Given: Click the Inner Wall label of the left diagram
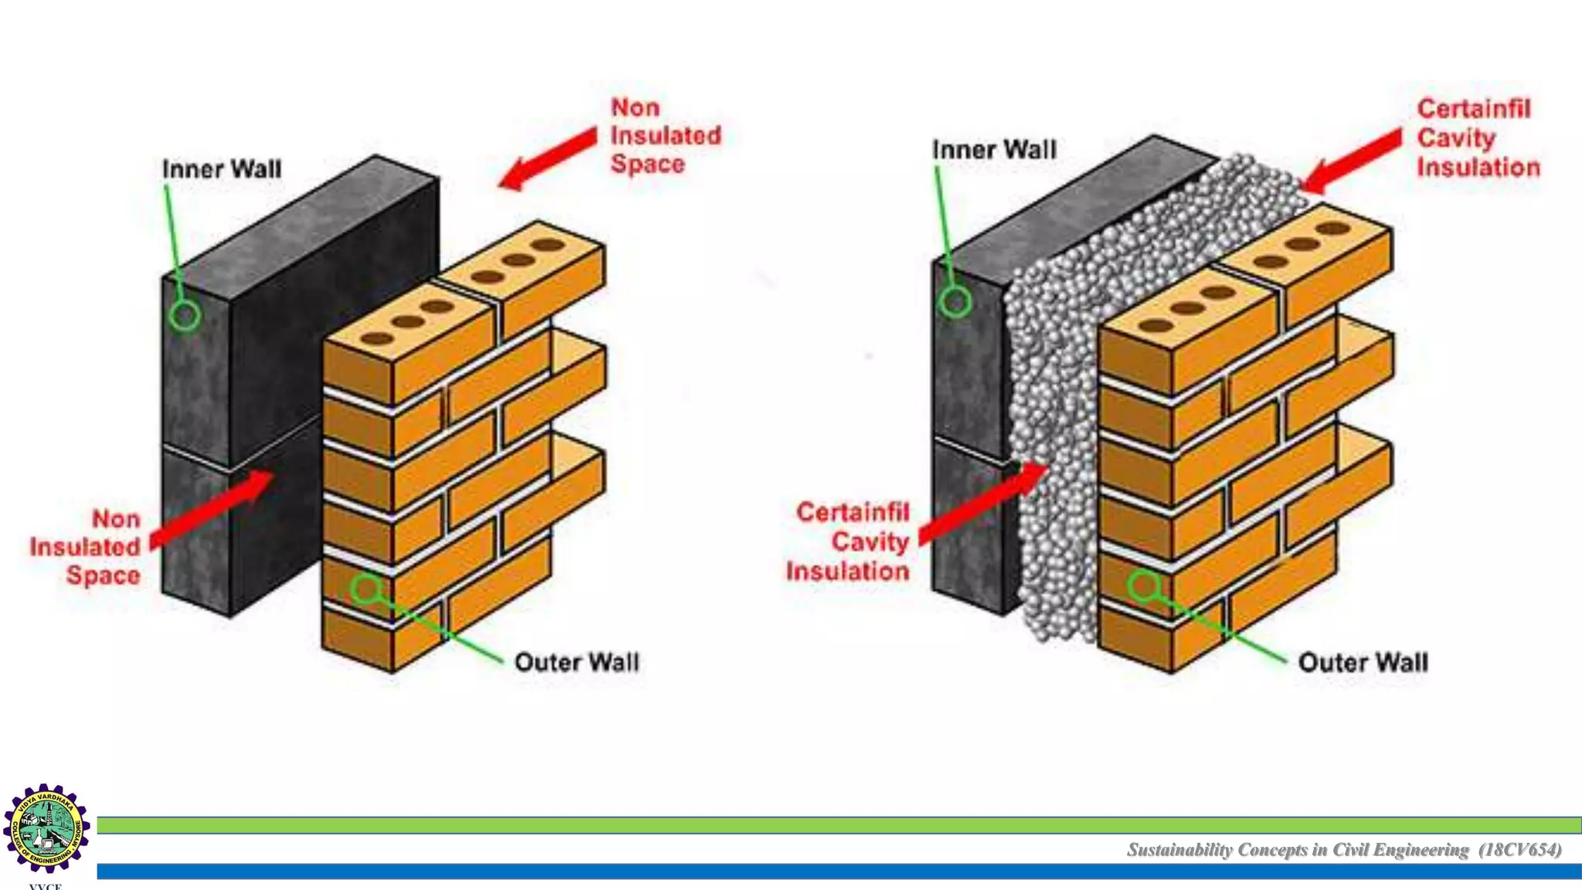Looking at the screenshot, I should click(222, 169).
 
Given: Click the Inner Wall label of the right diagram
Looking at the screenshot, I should click(993, 150).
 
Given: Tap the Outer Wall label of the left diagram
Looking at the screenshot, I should click(576, 662).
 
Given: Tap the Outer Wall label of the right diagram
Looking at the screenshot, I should click(1363, 662).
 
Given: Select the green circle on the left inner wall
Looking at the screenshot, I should click(185, 315).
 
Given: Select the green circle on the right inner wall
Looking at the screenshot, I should click(955, 302).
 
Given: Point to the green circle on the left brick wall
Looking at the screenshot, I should click(366, 589).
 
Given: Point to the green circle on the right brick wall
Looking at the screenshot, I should click(1143, 586).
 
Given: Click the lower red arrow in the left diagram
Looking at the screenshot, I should click(212, 508).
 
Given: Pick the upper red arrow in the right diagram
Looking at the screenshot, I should click(1352, 161).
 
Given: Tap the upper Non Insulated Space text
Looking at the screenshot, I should click(664, 135).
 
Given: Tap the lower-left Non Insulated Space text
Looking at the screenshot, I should click(87, 547).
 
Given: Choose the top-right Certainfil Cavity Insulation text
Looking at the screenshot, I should click(1477, 138).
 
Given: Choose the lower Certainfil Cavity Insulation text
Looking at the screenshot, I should click(850, 542).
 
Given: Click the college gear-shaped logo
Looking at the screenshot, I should click(46, 829).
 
